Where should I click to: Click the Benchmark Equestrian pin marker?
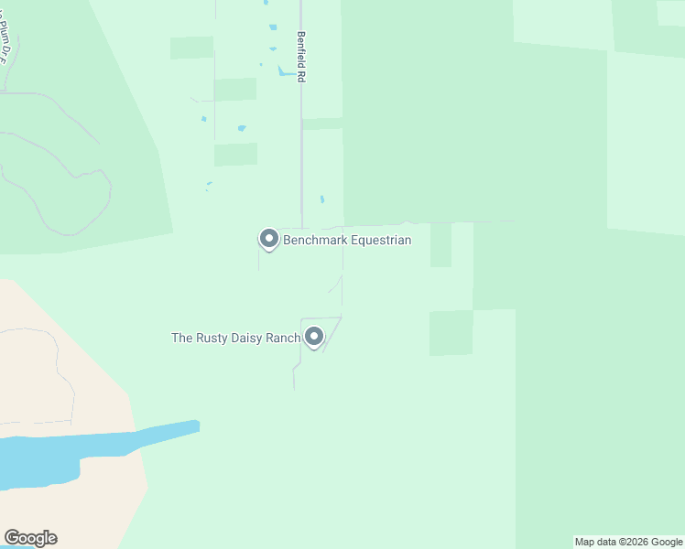[269, 239]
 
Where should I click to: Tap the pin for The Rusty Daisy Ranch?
[314, 337]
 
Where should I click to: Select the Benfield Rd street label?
[299, 58]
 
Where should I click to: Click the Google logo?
[30, 538]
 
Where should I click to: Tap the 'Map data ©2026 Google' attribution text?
[629, 542]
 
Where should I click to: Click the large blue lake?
[55, 457]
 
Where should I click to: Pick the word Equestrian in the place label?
[378, 241]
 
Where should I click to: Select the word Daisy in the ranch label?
[246, 339]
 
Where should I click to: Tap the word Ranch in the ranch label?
[283, 339]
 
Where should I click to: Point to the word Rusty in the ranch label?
[211, 339]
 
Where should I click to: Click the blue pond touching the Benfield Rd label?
[286, 71]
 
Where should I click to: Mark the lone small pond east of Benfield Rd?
[322, 199]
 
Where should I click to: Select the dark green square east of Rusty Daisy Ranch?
[451, 332]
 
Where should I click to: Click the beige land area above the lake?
[55, 366]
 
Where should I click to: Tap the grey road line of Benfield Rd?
[301, 156]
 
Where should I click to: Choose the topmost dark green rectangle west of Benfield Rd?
[191, 48]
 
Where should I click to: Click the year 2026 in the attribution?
[632, 542]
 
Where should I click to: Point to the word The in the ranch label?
[181, 339]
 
